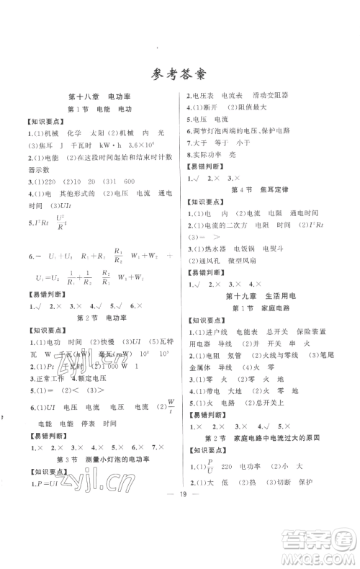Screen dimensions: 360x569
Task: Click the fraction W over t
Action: click(170, 408)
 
